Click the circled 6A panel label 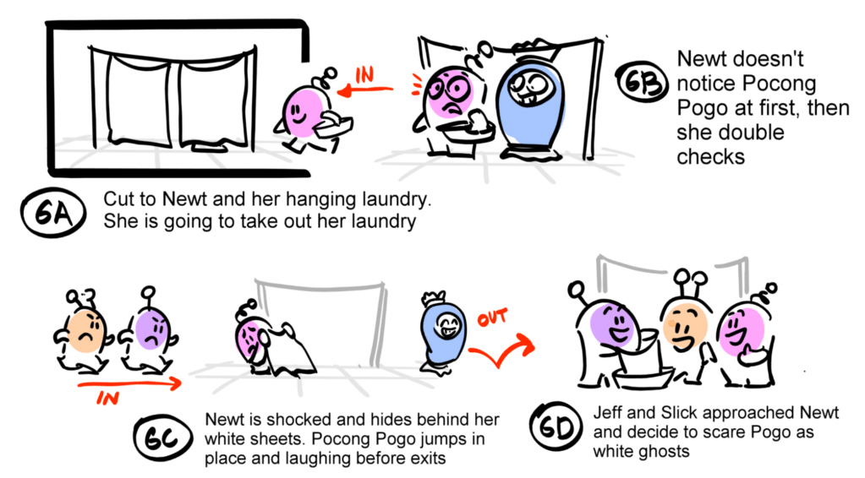pyautogui.click(x=53, y=213)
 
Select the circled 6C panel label pyautogui.click(x=162, y=439)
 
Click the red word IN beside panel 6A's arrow pyautogui.click(x=364, y=74)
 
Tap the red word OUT pyautogui.click(x=493, y=318)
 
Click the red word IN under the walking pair pyautogui.click(x=107, y=397)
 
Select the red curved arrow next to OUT pyautogui.click(x=501, y=350)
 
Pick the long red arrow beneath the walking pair pyautogui.click(x=129, y=383)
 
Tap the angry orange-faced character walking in pyautogui.click(x=84, y=334)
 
